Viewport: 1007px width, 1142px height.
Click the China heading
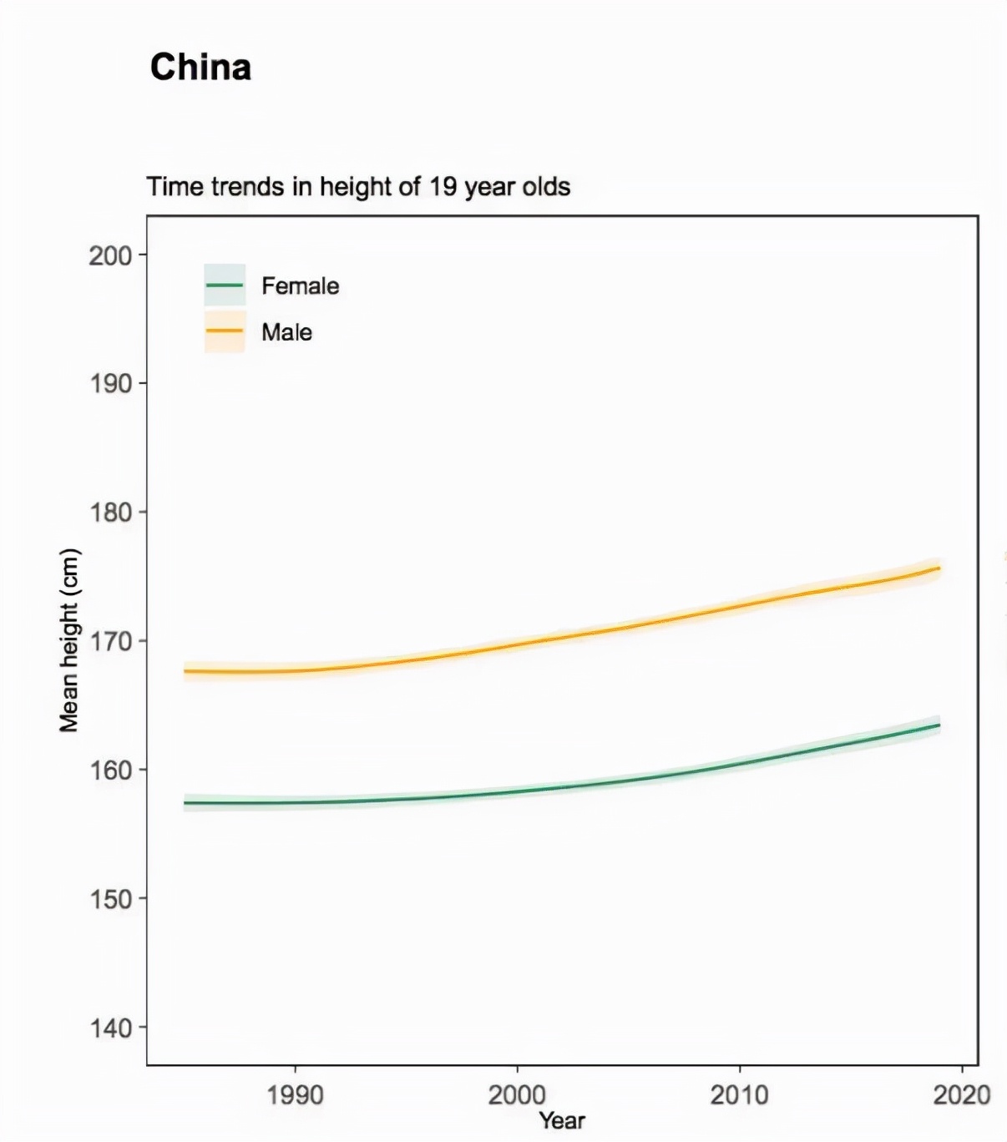pos(200,67)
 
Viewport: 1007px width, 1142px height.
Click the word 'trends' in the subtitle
pos(248,186)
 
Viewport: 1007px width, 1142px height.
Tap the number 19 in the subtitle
pos(443,186)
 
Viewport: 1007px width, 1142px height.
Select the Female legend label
pos(300,285)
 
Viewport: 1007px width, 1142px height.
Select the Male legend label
pos(286,332)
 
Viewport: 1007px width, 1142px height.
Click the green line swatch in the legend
pos(225,285)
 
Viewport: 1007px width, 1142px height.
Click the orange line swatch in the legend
pos(225,331)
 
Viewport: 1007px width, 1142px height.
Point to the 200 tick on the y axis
pos(111,255)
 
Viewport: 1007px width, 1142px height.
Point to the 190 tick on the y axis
pos(111,384)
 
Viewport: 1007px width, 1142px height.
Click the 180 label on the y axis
pos(111,513)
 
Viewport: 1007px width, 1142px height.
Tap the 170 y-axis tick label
pos(111,641)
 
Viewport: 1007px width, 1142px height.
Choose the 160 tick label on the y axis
pos(111,770)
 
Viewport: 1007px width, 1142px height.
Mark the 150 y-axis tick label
pos(111,899)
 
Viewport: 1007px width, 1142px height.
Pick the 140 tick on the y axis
pos(111,1028)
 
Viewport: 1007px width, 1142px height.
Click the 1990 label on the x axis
pos(295,1094)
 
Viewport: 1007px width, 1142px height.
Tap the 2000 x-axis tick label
pos(517,1094)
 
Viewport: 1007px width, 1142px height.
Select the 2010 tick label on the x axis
pos(739,1094)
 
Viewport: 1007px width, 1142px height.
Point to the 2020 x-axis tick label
pos(961,1094)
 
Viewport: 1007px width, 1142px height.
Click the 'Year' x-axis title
pos(562,1120)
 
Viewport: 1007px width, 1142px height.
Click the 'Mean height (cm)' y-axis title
pos(69,640)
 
